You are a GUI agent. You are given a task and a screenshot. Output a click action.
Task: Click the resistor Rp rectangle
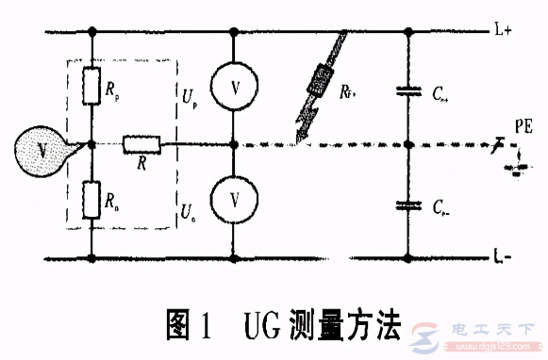tap(91, 87)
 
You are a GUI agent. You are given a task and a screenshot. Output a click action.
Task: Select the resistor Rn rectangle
tap(91, 199)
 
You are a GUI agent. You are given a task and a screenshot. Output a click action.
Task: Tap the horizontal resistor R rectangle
tap(141, 145)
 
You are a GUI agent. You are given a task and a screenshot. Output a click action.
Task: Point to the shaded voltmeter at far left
tap(39, 152)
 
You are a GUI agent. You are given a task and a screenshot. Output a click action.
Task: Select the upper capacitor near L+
tap(408, 91)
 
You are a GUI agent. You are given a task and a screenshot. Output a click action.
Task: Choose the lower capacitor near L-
tap(408, 203)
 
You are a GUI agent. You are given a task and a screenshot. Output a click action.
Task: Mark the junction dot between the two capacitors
tap(408, 146)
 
